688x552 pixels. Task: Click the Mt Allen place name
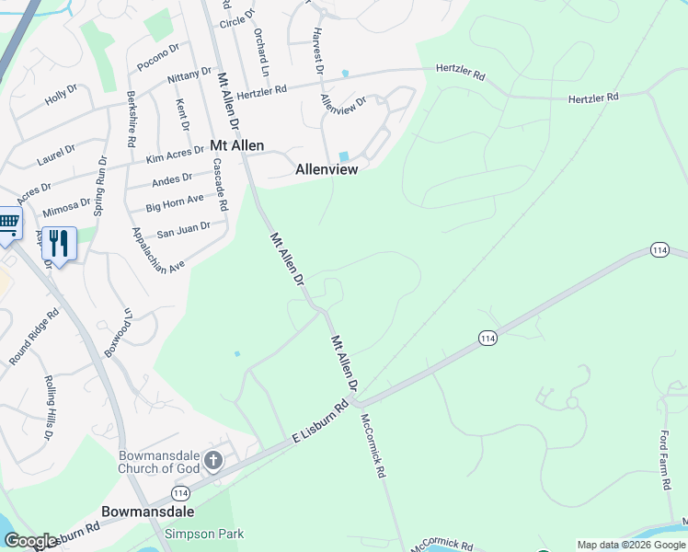tap(237, 145)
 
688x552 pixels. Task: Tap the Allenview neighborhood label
tap(326, 169)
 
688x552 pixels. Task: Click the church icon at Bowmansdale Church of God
tap(213, 459)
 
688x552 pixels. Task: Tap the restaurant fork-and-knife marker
tap(59, 244)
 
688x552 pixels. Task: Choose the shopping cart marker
tap(8, 223)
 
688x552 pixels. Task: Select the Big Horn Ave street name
tap(175, 202)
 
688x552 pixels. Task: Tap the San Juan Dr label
tap(184, 227)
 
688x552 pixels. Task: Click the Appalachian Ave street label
tap(158, 248)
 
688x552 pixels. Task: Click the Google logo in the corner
tap(30, 541)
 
